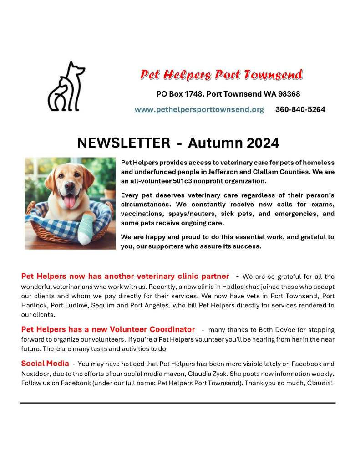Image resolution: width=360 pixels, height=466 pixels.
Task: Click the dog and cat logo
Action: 66,87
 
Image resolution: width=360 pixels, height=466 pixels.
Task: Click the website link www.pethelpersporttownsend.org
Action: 199,110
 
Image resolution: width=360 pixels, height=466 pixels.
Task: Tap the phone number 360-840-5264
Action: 300,110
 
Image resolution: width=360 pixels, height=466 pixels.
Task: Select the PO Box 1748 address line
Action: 228,94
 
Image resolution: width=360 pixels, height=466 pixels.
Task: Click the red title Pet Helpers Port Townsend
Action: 221,75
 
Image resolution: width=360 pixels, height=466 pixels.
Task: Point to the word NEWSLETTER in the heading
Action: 123,143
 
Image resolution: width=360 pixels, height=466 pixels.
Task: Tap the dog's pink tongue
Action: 70,202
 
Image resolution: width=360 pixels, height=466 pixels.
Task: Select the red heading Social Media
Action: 45,364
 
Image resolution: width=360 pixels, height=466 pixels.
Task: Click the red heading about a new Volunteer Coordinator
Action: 108,329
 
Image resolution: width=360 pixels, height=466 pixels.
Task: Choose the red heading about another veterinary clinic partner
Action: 125,277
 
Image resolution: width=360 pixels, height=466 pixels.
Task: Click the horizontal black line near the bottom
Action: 177,403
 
